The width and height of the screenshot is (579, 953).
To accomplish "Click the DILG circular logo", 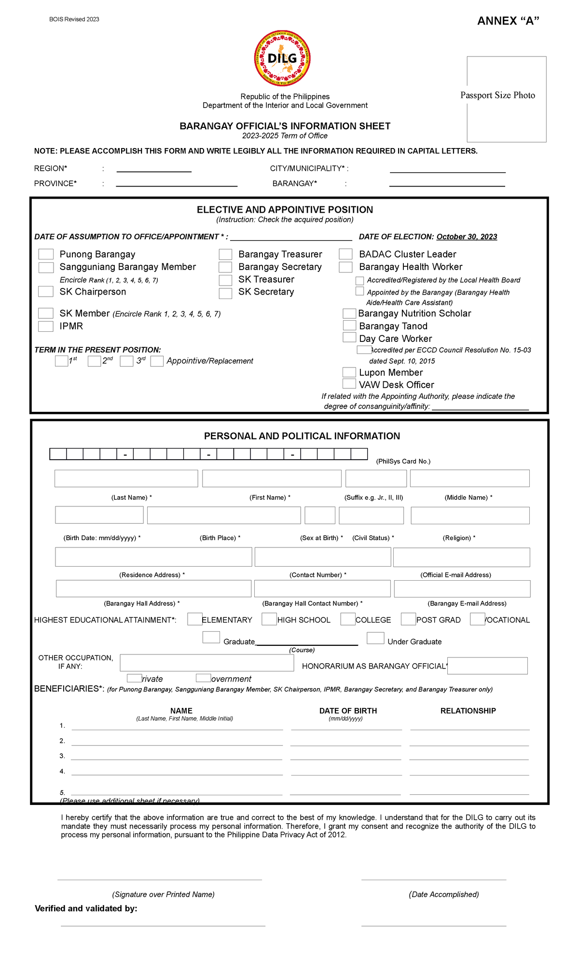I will click(282, 59).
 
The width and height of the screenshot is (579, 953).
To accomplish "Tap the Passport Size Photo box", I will click(506, 99).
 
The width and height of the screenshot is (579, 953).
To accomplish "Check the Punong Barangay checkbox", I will click(46, 254).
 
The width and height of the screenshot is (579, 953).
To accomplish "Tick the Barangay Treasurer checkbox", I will click(225, 254).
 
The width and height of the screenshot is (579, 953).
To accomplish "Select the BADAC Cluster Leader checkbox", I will click(345, 254).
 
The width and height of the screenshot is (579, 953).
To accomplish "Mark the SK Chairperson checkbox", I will click(46, 291).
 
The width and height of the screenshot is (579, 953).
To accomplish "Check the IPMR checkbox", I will click(46, 326).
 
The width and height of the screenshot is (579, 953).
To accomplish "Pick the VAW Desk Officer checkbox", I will click(349, 384).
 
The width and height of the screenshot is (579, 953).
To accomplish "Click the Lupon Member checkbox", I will click(349, 372).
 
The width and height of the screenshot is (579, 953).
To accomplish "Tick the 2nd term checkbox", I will click(94, 361).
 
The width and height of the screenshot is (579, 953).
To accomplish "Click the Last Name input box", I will click(126, 478).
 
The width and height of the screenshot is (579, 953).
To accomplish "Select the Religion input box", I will click(470, 516).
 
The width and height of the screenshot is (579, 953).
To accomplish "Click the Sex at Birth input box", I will click(320, 516).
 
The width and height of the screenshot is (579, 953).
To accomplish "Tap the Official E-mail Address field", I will click(461, 557).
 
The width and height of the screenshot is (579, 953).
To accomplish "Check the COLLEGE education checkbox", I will click(348, 619).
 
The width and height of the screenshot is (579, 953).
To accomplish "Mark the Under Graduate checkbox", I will click(375, 638).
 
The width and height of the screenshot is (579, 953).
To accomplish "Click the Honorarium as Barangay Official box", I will click(487, 666).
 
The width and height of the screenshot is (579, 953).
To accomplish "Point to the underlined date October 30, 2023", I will click(467, 237).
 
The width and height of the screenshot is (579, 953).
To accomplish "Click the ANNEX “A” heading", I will click(508, 21).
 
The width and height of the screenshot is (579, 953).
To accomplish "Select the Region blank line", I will click(154, 169).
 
